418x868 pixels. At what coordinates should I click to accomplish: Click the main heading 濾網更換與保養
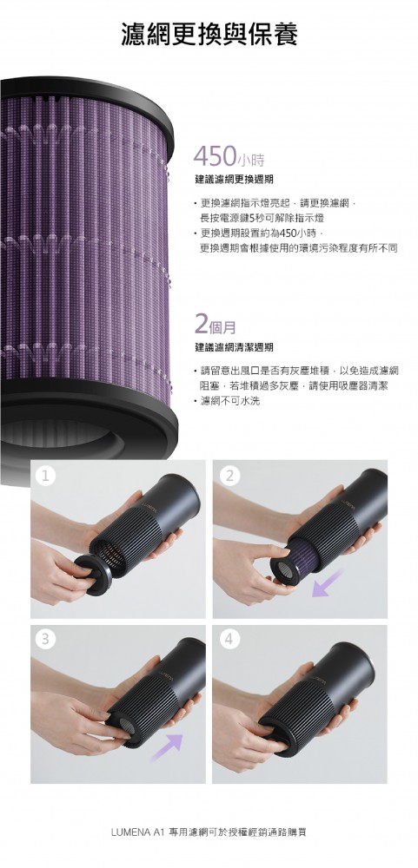[x=209, y=34]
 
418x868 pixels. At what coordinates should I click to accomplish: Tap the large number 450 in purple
[x=216, y=156]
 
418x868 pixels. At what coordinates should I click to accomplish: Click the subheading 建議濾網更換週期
[x=234, y=180]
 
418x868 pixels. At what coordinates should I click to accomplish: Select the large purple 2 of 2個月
[x=202, y=323]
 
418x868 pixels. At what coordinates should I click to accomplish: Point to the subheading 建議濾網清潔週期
[x=234, y=348]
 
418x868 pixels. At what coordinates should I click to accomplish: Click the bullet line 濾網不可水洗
[x=229, y=400]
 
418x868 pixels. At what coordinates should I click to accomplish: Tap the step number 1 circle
[x=47, y=476]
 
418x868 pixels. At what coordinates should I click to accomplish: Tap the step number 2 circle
[x=229, y=476]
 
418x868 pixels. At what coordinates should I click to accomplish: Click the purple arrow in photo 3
[x=166, y=746]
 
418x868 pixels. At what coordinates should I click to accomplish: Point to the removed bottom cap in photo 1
[x=94, y=575]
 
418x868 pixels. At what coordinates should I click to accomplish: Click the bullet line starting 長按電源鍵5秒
[x=262, y=218]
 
